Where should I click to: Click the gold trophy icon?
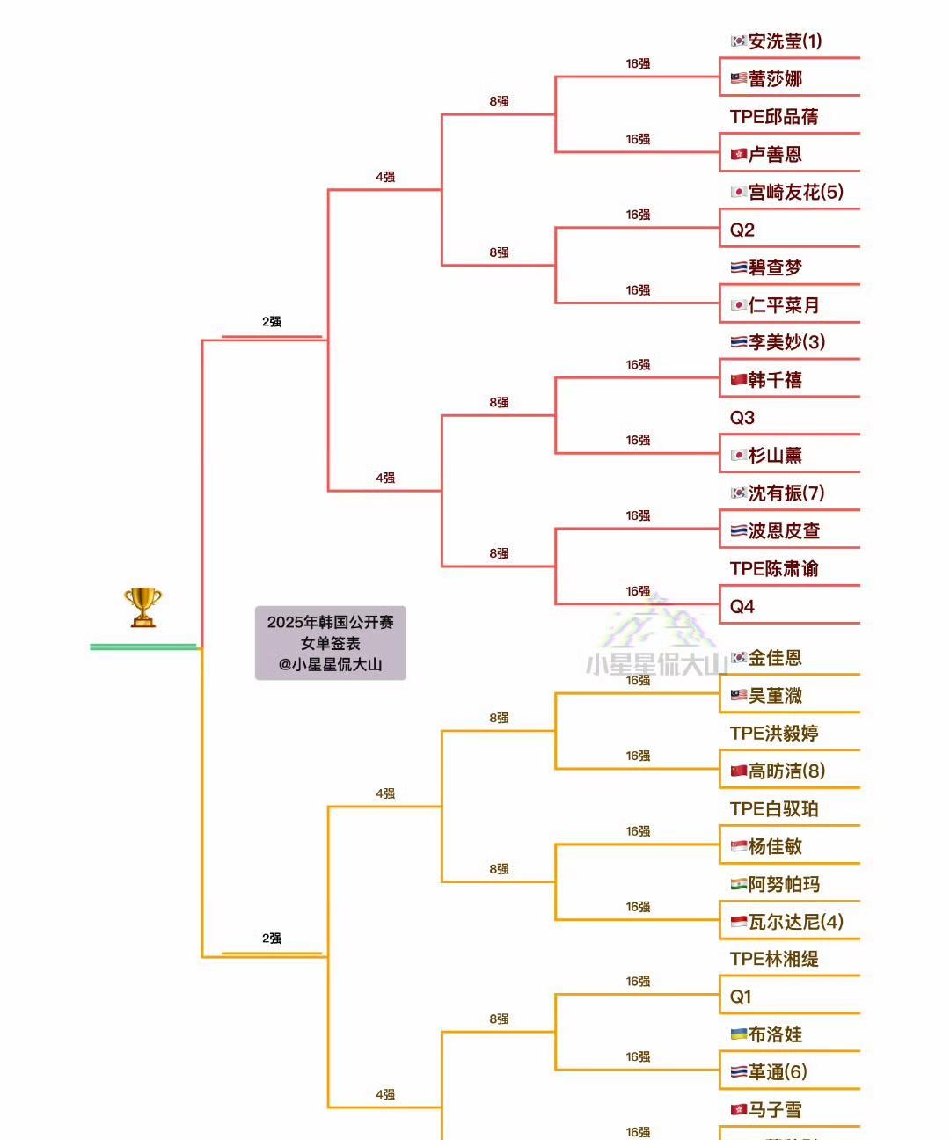(142, 607)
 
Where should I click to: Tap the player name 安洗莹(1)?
(785, 41)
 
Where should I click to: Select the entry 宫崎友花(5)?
(795, 192)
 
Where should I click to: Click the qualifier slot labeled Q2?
(742, 230)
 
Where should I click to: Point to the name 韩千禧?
(775, 380)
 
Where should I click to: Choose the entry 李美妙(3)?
(786, 342)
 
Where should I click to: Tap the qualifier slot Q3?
(742, 418)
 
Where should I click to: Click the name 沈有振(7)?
(786, 493)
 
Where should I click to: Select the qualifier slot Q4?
(742, 607)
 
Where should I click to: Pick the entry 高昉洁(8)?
(786, 771)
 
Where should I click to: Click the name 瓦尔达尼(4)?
(795, 922)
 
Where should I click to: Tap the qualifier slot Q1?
(741, 997)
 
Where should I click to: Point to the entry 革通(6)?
(778, 1072)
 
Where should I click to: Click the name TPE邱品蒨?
(774, 117)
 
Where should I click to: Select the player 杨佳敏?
(775, 847)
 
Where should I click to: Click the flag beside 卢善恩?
(739, 155)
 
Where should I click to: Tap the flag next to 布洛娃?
(739, 1034)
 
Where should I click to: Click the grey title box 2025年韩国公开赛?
(330, 643)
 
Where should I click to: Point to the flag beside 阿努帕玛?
(739, 884)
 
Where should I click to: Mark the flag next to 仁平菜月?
(739, 305)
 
